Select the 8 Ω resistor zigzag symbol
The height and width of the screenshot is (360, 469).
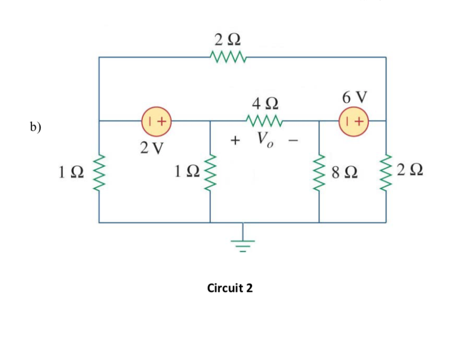tap(320, 172)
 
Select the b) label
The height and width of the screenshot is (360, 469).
tap(36, 127)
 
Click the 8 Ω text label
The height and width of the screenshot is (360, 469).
tap(344, 172)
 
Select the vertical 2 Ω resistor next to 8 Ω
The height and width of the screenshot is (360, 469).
tap(385, 172)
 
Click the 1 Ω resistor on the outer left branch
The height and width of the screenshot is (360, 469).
tap(99, 172)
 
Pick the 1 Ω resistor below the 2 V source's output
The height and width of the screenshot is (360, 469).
tap(210, 172)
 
